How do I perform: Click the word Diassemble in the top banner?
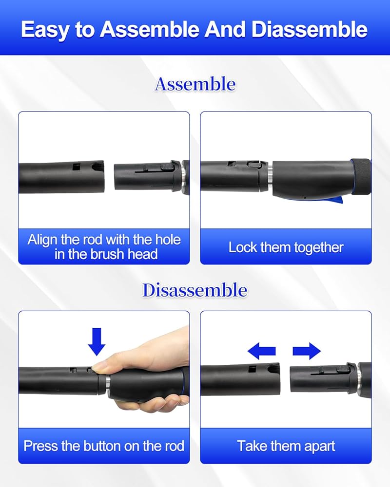coord(309,30)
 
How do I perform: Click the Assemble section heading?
coord(195,84)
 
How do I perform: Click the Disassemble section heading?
coord(195,290)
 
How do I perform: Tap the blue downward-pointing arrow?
coord(97,342)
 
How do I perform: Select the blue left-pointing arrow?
coord(262,351)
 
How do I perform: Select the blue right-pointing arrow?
coord(307,351)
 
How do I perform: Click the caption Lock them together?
coord(286,247)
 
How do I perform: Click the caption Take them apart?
coord(286,446)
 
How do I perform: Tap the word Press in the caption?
coord(41,446)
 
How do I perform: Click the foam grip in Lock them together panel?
coord(361,177)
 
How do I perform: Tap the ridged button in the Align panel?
coord(167,167)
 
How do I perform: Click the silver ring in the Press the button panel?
coord(108,381)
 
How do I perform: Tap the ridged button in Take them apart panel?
coord(342,369)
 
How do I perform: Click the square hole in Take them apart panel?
coord(252,369)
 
